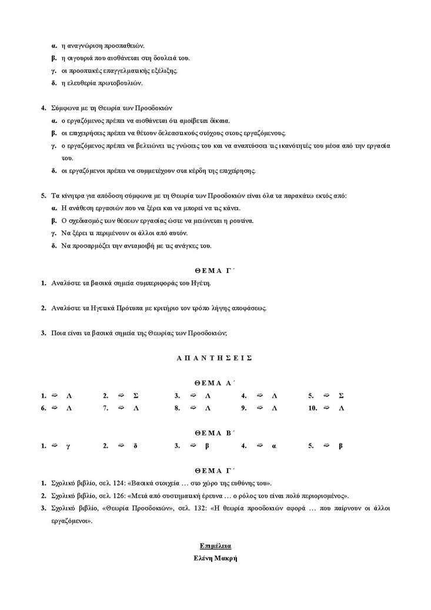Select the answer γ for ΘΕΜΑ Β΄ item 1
pos(69,446)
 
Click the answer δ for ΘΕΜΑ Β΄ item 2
pos(135,446)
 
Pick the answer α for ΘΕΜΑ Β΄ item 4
pos(274,446)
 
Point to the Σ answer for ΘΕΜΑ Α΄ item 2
pos(136,396)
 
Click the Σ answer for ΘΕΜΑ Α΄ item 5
pos(341,396)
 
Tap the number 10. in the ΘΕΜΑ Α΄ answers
pos(313,407)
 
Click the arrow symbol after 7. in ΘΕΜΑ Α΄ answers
pos(122,407)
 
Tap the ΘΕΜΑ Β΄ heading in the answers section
pos(215,432)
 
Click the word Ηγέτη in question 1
pos(199,283)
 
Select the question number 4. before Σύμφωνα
pos(43,108)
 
